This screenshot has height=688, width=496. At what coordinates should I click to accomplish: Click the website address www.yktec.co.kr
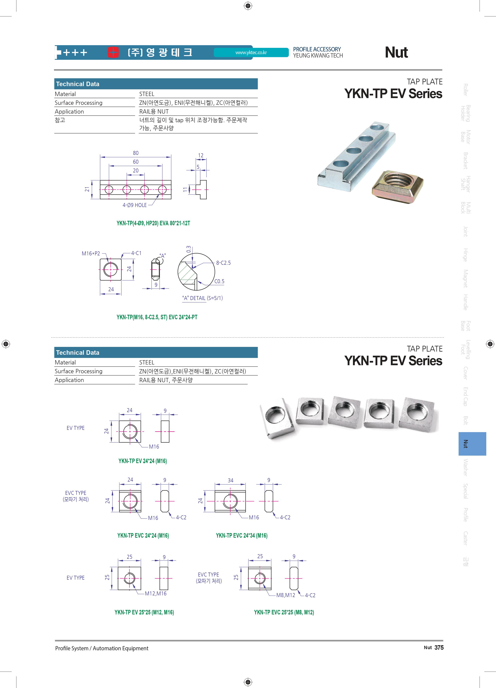click(251, 52)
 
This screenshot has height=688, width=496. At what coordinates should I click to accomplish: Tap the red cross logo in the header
click(113, 52)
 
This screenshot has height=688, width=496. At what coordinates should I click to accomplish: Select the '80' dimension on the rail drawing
click(136, 153)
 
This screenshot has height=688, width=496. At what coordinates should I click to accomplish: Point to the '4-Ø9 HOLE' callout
click(135, 205)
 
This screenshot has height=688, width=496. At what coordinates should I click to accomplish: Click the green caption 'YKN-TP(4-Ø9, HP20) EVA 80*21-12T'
click(153, 223)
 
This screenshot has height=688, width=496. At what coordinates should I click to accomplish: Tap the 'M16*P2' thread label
click(91, 253)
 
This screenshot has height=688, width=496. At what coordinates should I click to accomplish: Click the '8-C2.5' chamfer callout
click(223, 263)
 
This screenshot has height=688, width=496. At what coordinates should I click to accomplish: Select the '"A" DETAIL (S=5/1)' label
click(202, 298)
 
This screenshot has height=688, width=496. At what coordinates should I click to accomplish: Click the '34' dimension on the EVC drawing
click(230, 480)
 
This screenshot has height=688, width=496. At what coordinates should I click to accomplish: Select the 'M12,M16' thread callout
click(156, 593)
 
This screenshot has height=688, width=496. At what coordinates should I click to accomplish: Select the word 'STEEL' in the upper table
click(147, 94)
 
